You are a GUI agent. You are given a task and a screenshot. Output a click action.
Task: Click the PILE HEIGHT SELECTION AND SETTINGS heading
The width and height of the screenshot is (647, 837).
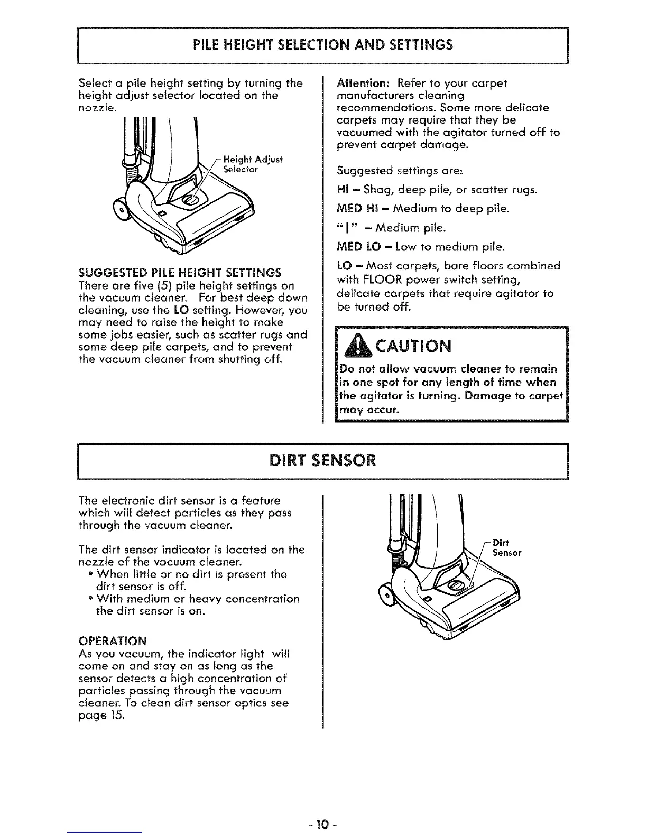pos(323,44)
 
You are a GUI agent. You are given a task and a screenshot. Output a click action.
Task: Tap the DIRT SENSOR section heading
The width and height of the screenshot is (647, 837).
pos(323,460)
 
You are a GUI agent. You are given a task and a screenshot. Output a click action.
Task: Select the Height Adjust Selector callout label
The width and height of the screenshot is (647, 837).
pos(253,164)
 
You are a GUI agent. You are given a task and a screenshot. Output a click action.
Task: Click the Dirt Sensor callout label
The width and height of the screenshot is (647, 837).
pos(506,547)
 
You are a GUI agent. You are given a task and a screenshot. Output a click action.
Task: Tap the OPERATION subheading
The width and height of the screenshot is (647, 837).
pos(113,641)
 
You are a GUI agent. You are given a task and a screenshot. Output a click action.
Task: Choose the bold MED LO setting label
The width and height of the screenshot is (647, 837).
pos(357,247)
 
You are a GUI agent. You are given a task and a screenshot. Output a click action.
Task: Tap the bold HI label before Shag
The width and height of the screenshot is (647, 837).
pos(342,190)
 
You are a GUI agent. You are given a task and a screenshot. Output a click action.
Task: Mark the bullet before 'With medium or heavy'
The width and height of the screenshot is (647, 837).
pos(91,599)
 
